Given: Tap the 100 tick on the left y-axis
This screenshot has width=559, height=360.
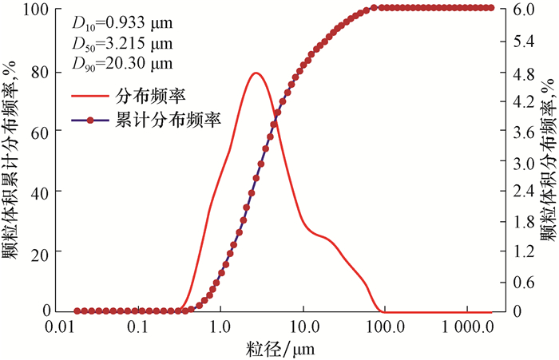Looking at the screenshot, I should [39, 9].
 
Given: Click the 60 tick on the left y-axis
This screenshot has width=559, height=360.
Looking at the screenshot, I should [42, 131].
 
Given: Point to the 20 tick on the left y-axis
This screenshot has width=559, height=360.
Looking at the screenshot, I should [42, 252].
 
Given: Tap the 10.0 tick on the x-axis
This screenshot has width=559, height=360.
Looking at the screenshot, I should [303, 326].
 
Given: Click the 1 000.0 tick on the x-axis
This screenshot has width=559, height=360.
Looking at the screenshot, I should [466, 326].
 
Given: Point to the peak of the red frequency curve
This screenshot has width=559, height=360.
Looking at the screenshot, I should [256, 73].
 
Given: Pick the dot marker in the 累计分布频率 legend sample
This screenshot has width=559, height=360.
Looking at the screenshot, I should [89, 119].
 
